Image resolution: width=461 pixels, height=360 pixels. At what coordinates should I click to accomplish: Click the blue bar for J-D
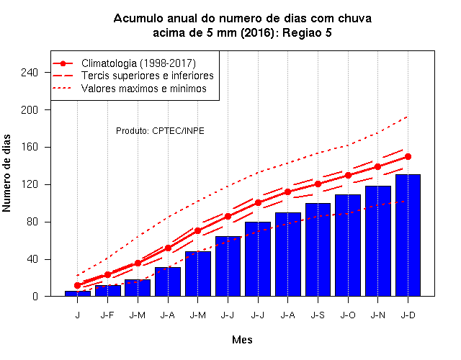408,235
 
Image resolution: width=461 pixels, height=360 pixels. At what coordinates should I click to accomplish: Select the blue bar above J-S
318,250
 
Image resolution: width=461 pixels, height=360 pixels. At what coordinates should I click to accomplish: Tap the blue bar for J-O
348,245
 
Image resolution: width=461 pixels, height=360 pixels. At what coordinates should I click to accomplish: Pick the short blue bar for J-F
107,291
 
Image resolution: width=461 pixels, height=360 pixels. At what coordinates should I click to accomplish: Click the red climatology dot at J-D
408,157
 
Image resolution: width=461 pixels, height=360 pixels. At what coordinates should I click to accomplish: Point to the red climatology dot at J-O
348,175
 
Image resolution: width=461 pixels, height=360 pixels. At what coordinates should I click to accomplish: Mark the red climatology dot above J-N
377,166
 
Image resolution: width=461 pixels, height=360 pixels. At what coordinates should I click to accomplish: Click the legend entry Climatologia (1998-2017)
138,63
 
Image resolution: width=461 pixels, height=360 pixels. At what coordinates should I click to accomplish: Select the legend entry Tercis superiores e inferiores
147,76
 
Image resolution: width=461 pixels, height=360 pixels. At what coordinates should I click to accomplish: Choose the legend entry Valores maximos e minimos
144,89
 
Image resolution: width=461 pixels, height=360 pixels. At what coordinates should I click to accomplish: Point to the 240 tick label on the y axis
30,72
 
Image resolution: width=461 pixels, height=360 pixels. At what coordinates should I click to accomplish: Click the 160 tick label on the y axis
30,147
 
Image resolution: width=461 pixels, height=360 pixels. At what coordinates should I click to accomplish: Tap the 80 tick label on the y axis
32,222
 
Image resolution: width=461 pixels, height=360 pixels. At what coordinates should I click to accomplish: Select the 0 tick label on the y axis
35,296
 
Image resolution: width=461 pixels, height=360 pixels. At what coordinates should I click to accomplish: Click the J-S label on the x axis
318,315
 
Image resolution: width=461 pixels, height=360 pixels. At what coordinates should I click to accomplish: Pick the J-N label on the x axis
377,315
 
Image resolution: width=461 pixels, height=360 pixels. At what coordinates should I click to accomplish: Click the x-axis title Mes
242,340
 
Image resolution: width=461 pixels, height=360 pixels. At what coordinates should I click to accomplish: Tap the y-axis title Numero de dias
6,174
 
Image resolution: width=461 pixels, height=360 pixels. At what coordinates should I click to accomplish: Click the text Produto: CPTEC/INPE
160,131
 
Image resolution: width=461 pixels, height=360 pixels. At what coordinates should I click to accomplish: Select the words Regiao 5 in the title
307,33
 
